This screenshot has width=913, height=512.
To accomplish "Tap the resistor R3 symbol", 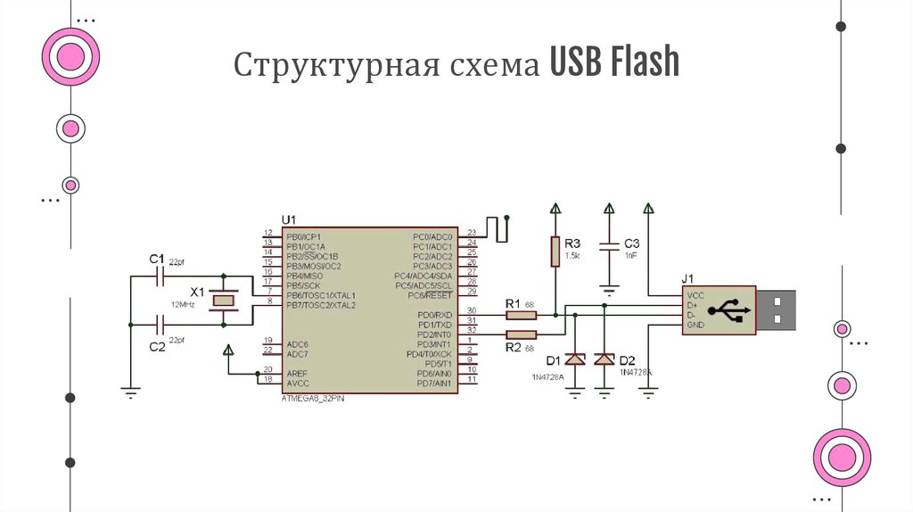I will [555, 251].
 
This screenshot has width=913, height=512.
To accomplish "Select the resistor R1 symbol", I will [514, 315].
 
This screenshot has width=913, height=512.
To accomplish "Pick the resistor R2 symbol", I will [514, 334].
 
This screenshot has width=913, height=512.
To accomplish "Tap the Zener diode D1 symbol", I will [576, 359].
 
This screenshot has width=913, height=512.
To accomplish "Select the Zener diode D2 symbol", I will [605, 359].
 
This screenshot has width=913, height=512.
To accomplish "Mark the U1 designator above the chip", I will [288, 219].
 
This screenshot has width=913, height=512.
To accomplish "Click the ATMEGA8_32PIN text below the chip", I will [311, 398].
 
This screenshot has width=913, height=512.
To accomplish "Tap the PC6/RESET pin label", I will [432, 295].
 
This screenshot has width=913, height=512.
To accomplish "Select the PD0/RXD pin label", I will [435, 315].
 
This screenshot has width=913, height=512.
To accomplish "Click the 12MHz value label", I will [183, 304].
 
